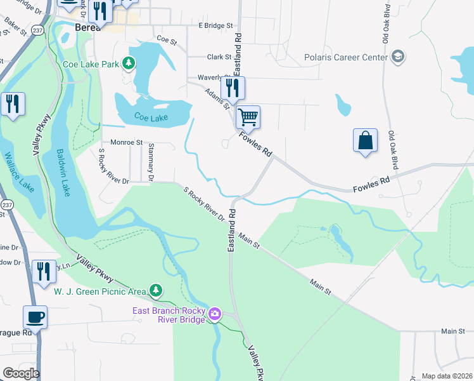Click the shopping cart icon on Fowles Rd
[248, 117]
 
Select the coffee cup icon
[35, 317]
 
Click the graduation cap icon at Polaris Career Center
[398, 57]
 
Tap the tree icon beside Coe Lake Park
[129, 63]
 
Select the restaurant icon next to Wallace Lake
[13, 103]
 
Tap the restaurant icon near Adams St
[233, 88]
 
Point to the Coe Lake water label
[151, 116]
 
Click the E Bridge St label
[216, 25]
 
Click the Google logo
[21, 373]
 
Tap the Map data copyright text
[446, 376]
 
